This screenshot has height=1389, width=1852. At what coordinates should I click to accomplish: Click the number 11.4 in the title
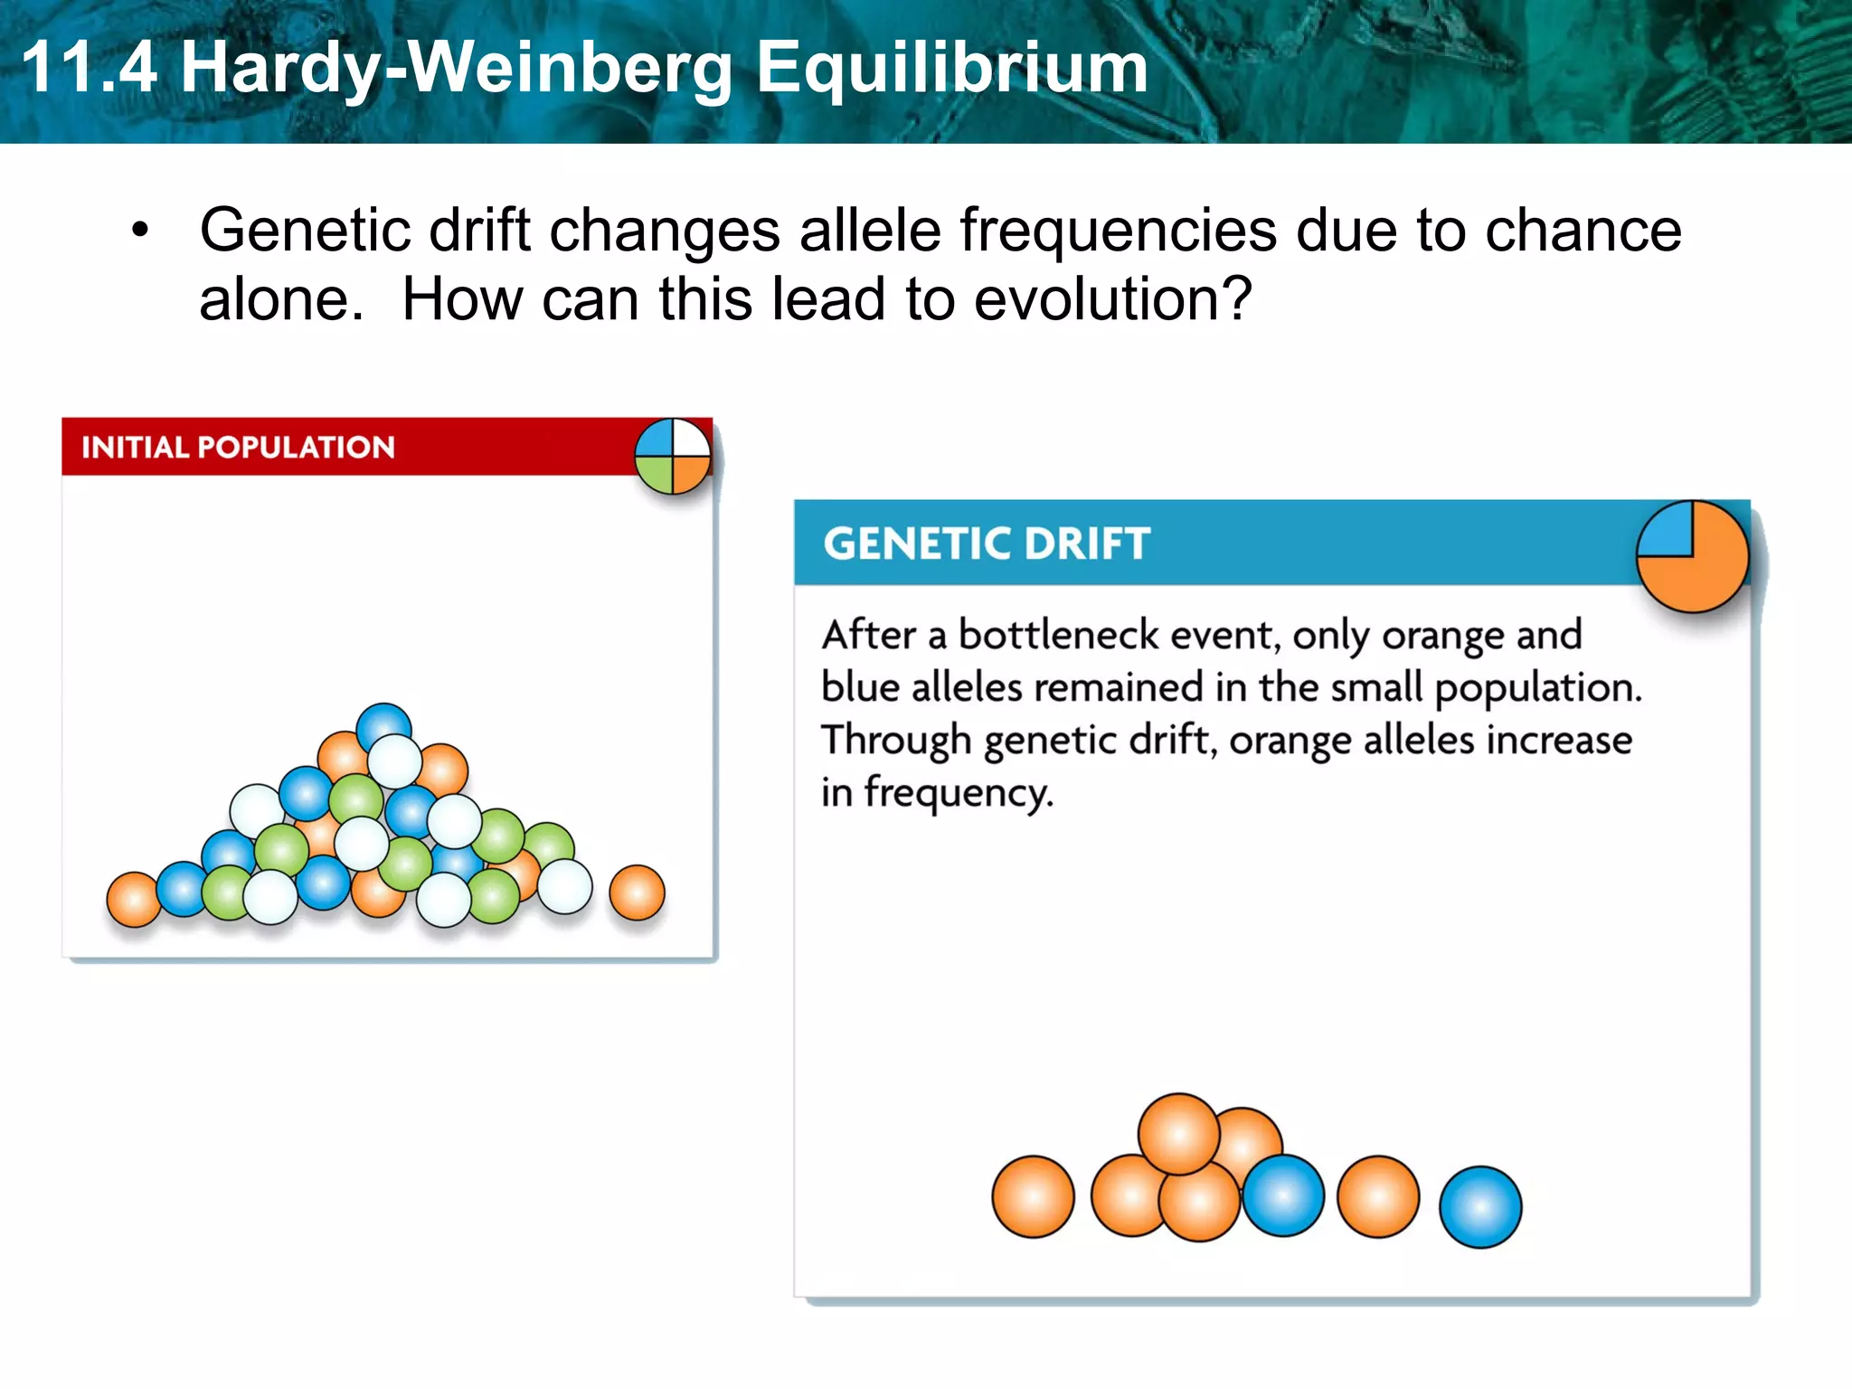[x=89, y=68]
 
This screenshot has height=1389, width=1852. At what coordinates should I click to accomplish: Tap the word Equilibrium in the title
[x=951, y=68]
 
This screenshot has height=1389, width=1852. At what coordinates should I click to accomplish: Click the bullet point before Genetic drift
[x=138, y=230]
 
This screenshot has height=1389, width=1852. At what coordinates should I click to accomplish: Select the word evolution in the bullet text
[x=1112, y=299]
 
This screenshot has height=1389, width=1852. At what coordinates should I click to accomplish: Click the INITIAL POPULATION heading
[x=238, y=447]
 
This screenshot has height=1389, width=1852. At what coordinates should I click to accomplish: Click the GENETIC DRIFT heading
[x=986, y=543]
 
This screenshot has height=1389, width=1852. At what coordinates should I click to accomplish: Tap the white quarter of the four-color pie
[x=691, y=439]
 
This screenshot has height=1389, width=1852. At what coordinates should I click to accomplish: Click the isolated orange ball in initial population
[x=637, y=893]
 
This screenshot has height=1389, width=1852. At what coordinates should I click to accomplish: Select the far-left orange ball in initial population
[x=134, y=899]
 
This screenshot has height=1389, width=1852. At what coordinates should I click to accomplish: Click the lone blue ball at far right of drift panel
[x=1480, y=1207]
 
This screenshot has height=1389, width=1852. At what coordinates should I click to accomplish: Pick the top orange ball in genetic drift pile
[x=1177, y=1132]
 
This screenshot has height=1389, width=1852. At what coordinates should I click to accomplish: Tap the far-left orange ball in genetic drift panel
[x=1033, y=1195]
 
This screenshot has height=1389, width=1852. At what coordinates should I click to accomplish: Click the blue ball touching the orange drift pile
[x=1284, y=1195]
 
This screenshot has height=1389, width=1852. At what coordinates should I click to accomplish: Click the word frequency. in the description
[x=959, y=792]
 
